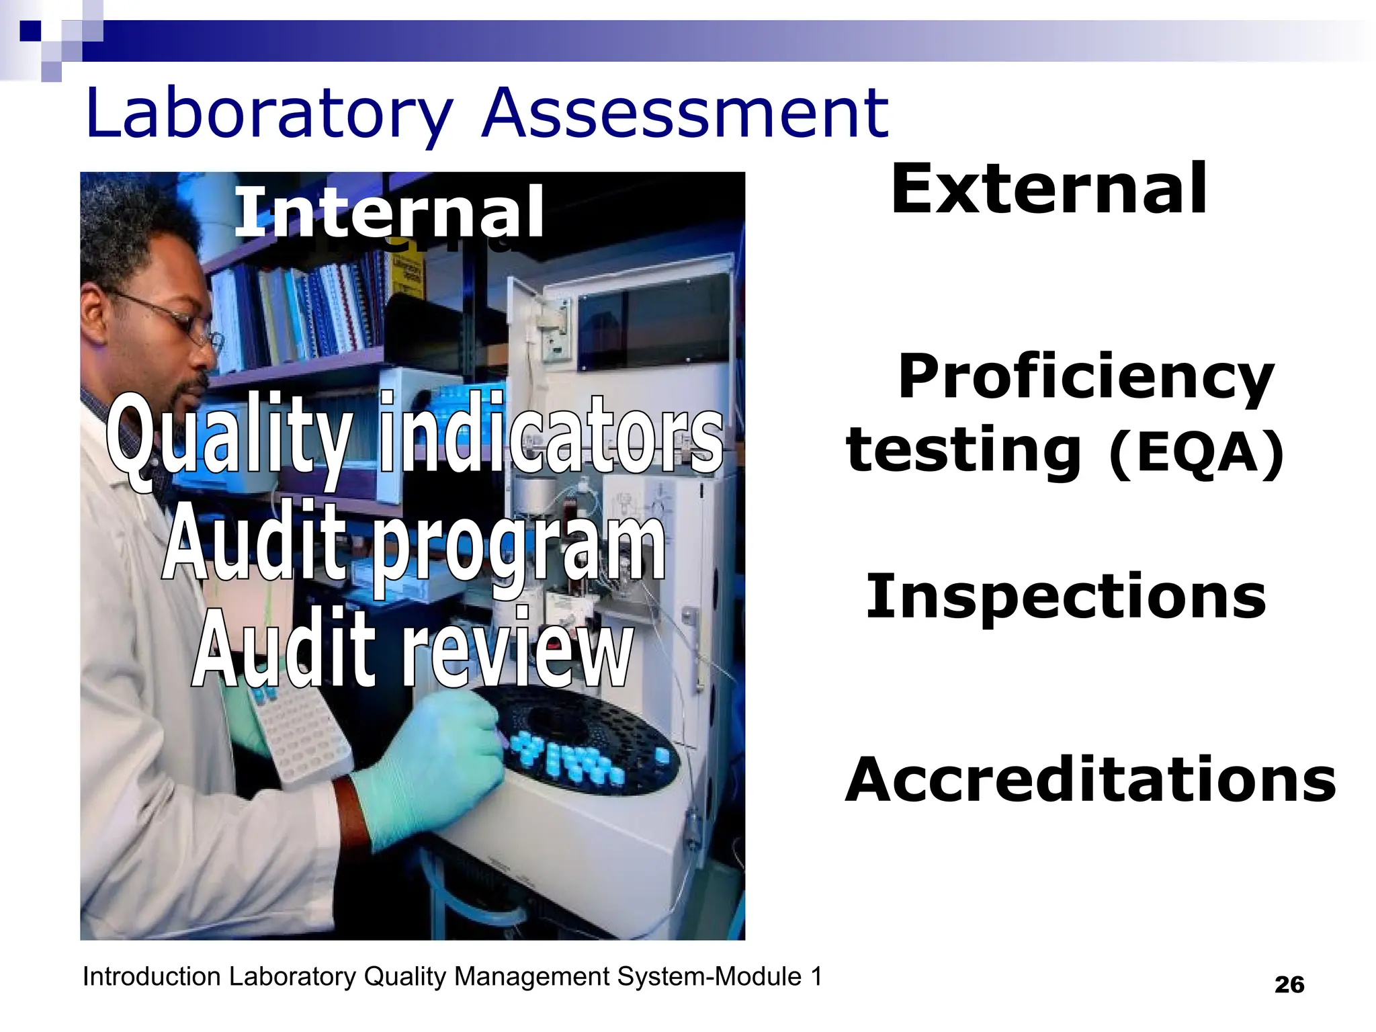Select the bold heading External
pyautogui.click(x=1049, y=189)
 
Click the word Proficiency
pyautogui.click(x=1085, y=378)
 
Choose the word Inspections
pyautogui.click(x=1066, y=596)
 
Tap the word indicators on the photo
pyautogui.click(x=551, y=433)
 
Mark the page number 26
pyautogui.click(x=1289, y=985)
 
